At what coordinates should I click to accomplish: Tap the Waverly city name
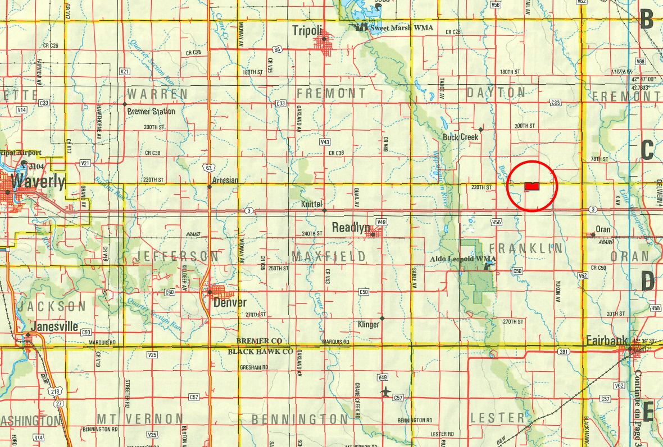[38, 182]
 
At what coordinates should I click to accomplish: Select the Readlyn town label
[351, 228]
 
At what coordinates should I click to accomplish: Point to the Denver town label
[230, 302]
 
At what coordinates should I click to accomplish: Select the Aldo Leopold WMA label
[462, 259]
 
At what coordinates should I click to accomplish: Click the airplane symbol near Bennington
[385, 390]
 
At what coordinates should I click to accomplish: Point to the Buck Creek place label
[460, 137]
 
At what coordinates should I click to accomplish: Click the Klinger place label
[369, 324]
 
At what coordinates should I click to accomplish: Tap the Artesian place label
[225, 180]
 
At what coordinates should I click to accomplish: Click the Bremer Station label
[151, 111]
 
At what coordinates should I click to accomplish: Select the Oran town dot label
[603, 229]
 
